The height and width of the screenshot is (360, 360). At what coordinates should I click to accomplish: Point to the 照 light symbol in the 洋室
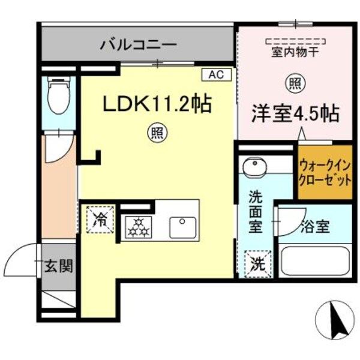pyautogui.click(x=294, y=83)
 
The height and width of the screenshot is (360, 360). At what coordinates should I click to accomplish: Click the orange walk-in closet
pyautogui.click(x=325, y=172)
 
